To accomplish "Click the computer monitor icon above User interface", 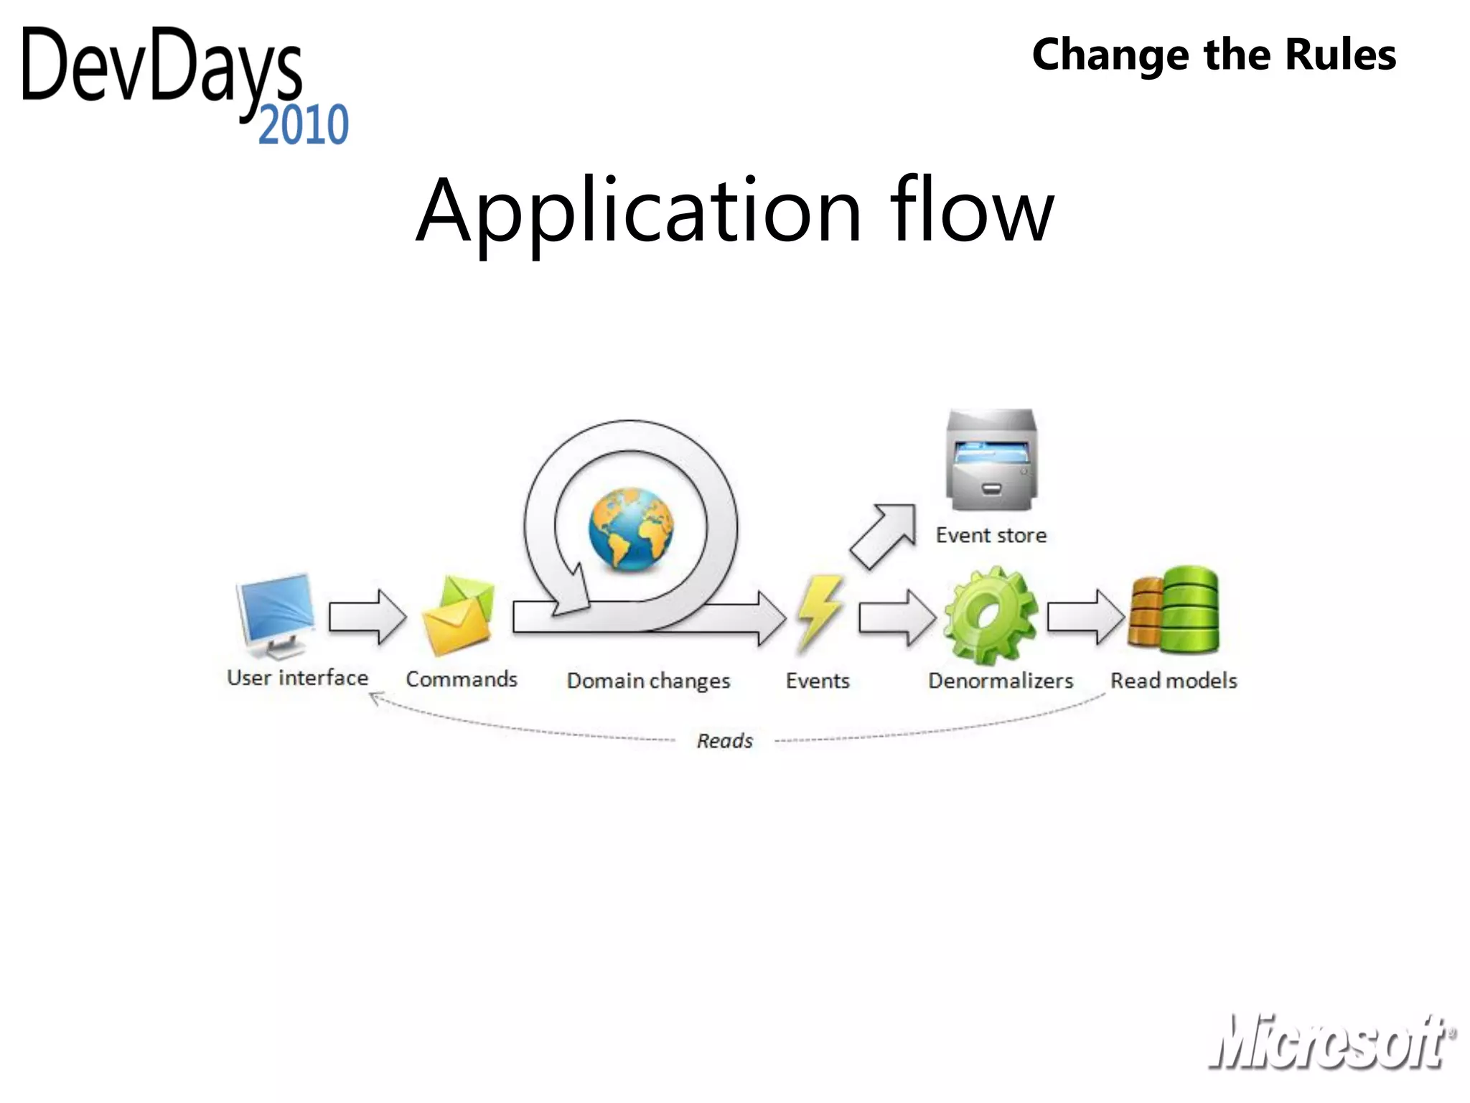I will [x=276, y=615].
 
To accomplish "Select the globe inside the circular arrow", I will [x=631, y=529].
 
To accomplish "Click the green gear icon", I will [x=990, y=615].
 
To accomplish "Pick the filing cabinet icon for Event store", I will [x=991, y=460].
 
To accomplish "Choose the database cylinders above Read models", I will [x=1174, y=610].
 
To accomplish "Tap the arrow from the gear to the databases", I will [x=1085, y=616].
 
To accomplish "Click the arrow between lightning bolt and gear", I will [x=897, y=616].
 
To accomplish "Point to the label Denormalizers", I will [x=1001, y=680].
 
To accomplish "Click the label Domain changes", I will [x=648, y=680].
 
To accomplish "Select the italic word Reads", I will [x=725, y=740].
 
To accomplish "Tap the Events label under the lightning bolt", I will [x=818, y=680].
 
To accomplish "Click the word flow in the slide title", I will [x=972, y=211].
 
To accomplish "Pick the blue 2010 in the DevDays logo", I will [x=304, y=125].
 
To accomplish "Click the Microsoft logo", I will [x=1331, y=1041].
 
